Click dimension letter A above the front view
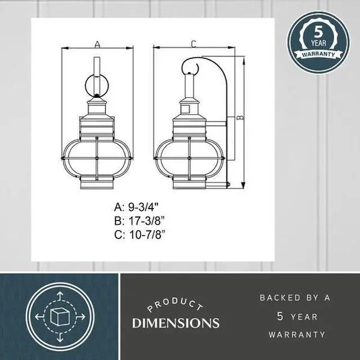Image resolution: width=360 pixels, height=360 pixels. point(97,44)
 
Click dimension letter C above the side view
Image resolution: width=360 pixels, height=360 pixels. point(193,43)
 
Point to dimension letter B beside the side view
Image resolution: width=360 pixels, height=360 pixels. point(240,119)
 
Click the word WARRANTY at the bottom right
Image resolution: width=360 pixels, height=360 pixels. point(296,335)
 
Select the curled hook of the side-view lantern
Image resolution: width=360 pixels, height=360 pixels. point(191,66)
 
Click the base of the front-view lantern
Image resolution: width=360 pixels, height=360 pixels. point(97,183)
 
